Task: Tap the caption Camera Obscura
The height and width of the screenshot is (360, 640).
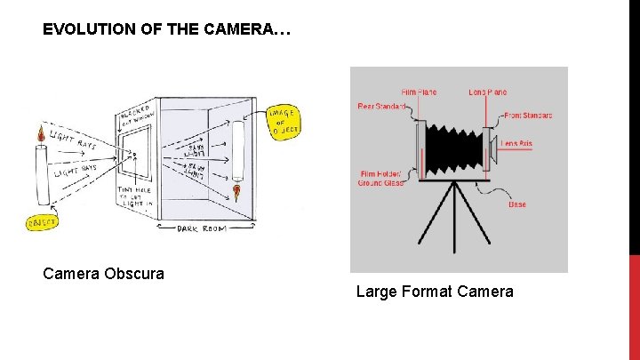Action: [x=103, y=274]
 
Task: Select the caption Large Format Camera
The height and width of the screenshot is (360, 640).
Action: [x=435, y=292]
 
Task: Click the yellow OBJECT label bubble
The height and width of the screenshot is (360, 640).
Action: [x=41, y=221]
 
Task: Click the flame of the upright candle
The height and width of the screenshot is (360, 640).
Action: [x=40, y=135]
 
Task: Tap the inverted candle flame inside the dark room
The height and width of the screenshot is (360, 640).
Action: [x=237, y=190]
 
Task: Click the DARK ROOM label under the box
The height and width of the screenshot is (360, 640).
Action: [x=203, y=228]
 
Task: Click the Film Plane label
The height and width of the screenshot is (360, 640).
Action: [x=419, y=92]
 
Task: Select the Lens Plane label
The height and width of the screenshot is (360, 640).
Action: [x=489, y=92]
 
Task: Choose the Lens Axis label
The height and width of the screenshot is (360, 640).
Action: [x=517, y=143]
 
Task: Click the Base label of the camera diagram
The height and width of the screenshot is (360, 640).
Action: [x=516, y=204]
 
